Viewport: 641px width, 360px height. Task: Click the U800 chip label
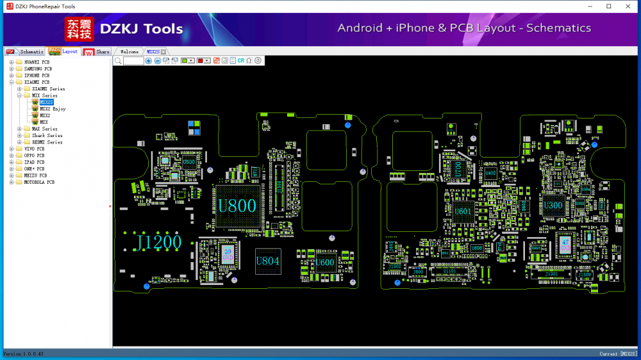pos(237,206)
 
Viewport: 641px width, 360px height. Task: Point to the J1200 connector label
pos(157,241)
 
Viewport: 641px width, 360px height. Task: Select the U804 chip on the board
pos(268,261)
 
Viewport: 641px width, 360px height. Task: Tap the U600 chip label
pos(325,261)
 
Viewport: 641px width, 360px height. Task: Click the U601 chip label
pos(462,211)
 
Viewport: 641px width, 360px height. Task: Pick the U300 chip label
pos(553,206)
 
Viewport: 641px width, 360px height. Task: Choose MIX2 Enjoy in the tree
pos(53,109)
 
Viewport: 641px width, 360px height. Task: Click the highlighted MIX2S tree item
pos(46,102)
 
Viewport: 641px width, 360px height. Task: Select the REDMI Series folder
pos(47,142)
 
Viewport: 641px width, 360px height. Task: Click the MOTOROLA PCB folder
pos(39,182)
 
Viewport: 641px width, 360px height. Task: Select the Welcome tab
pos(129,51)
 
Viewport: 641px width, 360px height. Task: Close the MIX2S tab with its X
pos(163,52)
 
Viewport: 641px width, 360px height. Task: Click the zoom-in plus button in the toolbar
pos(149,61)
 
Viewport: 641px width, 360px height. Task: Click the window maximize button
pos(608,6)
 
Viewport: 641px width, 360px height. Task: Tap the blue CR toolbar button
pos(241,61)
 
